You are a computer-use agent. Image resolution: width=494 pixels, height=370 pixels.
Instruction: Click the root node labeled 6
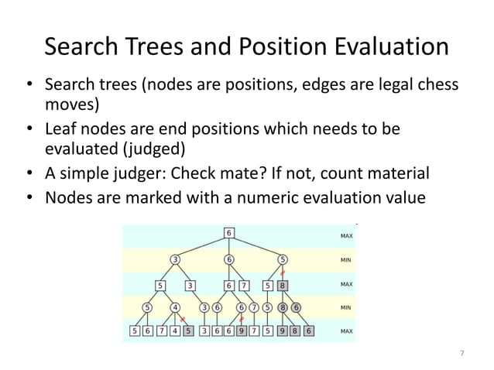pyautogui.click(x=229, y=233)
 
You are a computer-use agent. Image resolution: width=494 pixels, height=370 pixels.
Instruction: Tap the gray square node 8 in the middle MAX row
pyautogui.click(x=283, y=285)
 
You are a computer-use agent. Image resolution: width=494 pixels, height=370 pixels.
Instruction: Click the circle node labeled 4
pyautogui.click(x=176, y=307)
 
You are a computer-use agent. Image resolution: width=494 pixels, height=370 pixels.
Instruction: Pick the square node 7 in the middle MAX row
pyautogui.click(x=245, y=285)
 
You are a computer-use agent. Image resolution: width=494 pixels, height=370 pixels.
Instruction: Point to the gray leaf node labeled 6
pyautogui.click(x=309, y=332)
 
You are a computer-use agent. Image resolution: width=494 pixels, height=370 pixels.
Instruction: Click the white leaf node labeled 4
pyautogui.click(x=175, y=332)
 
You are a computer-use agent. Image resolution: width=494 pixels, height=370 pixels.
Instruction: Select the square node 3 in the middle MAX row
pyautogui.click(x=190, y=285)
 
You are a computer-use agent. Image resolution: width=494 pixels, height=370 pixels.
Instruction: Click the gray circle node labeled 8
pyautogui.click(x=283, y=307)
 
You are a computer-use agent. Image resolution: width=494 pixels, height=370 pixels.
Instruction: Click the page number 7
pyautogui.click(x=462, y=354)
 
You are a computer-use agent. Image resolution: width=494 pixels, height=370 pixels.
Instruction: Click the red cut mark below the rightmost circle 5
pyautogui.click(x=283, y=272)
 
